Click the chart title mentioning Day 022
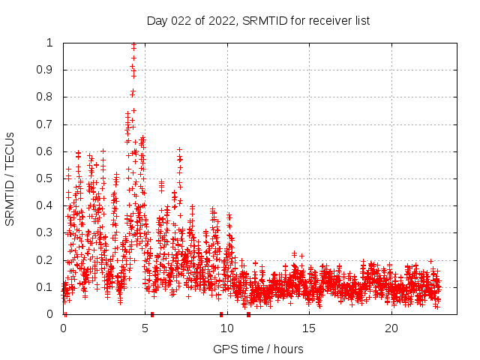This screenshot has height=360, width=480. click(x=258, y=20)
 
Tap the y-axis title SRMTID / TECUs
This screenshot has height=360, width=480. click(x=10, y=178)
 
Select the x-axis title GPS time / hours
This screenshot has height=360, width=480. click(x=258, y=349)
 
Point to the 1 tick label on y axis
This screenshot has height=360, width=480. click(x=49, y=43)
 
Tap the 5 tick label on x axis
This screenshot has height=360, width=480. click(x=145, y=328)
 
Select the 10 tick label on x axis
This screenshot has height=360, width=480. click(x=227, y=328)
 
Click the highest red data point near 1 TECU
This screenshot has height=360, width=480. click(x=133, y=45)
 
